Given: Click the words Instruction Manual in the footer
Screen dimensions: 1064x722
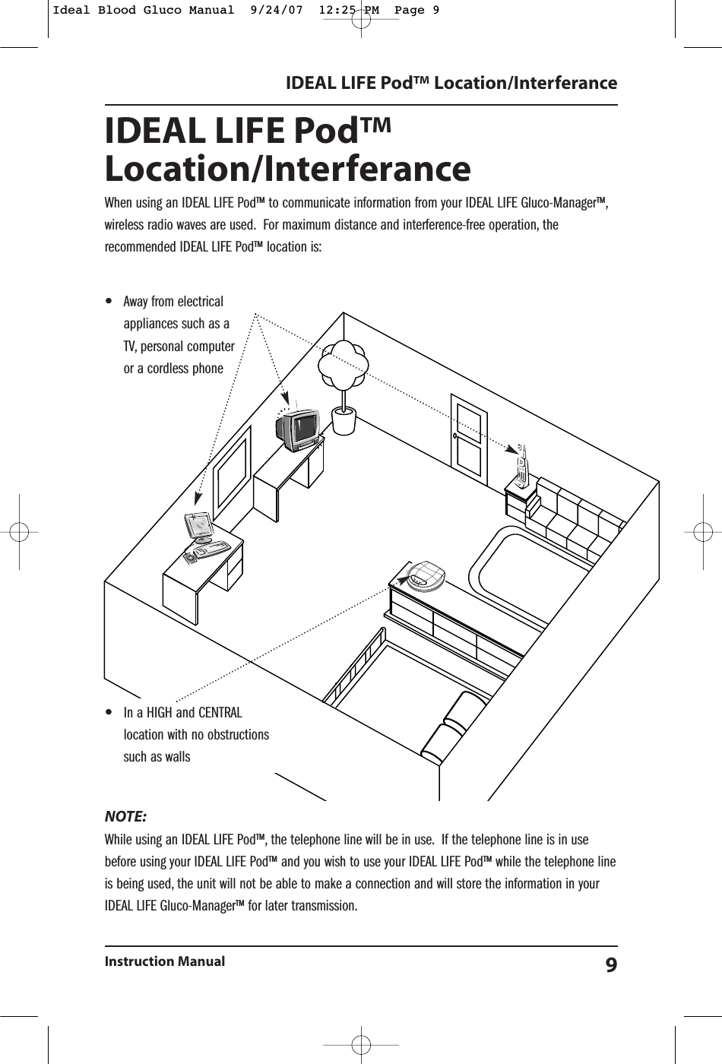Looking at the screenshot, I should [165, 961].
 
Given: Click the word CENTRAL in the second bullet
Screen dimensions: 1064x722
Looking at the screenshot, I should [220, 713].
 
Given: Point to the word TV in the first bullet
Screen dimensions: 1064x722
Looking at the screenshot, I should [130, 347].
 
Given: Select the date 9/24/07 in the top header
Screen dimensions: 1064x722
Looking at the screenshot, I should [252, 10].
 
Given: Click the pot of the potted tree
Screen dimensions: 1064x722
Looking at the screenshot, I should [344, 421].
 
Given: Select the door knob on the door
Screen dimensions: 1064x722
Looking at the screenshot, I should [454, 436].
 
